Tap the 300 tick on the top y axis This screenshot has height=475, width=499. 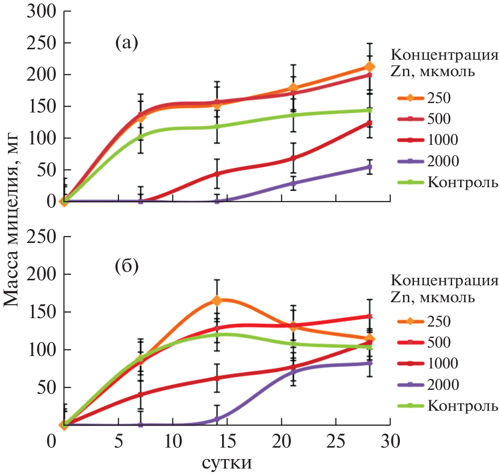(41, 11)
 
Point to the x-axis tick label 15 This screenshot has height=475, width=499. (227, 441)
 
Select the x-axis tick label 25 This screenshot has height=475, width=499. (336, 441)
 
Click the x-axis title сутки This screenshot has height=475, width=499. (226, 463)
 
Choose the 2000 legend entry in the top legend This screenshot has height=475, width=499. (443, 161)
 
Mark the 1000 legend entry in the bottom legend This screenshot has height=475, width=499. (443, 363)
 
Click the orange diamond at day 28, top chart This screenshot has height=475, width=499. (370, 67)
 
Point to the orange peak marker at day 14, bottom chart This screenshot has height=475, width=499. (217, 301)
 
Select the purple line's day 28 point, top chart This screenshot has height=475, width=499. (370, 167)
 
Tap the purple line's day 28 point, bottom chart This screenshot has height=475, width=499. (370, 363)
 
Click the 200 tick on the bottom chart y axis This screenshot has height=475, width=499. (41, 274)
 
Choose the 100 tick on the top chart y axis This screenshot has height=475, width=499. (41, 138)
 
